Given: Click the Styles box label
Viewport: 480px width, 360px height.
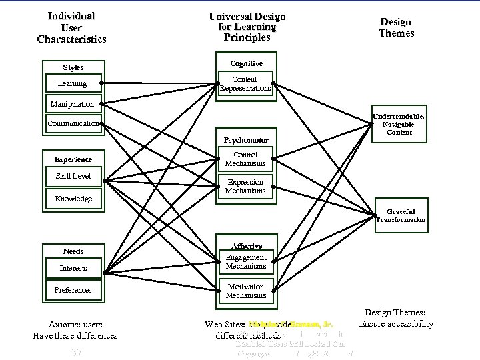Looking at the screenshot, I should [73, 67].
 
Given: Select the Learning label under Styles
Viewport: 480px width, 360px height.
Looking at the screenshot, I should [72, 84].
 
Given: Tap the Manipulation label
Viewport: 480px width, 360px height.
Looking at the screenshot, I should [72, 104].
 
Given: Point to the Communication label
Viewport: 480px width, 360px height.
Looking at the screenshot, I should [73, 123].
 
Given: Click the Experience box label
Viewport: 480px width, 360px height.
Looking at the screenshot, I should [73, 159].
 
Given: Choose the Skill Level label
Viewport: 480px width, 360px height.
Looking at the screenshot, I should [73, 177].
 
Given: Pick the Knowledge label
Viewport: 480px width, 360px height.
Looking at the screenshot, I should [73, 199].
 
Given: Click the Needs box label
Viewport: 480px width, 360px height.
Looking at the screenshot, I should [73, 251].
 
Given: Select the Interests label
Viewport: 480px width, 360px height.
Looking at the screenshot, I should [73, 268].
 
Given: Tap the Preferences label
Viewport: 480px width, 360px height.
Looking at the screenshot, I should [73, 290].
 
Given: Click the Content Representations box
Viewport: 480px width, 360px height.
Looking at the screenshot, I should [245, 84].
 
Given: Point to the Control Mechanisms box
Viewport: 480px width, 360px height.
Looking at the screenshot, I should [245, 159].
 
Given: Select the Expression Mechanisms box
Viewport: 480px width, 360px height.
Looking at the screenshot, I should [245, 186].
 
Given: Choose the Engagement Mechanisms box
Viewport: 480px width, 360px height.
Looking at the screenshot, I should [245, 261].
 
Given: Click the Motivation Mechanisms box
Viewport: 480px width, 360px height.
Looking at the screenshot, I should [245, 291].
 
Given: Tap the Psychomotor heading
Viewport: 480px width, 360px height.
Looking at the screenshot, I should [245, 141].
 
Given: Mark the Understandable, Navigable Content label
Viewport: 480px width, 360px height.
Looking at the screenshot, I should [398, 124].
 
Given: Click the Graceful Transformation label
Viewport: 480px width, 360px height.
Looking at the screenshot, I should [400, 215].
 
